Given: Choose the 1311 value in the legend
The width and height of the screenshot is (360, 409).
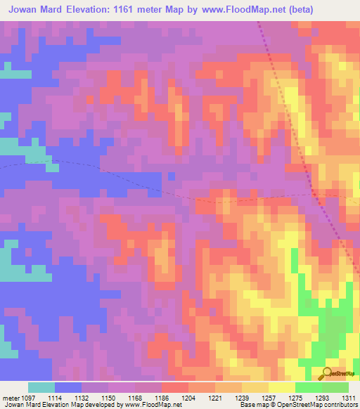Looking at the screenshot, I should (347, 397).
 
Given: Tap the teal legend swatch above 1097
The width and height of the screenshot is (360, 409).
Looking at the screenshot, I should (41, 387).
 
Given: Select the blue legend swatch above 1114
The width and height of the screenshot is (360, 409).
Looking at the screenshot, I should (68, 387).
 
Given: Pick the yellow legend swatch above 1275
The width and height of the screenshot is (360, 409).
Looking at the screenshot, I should (282, 387).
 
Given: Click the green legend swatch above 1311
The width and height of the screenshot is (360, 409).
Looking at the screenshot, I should (335, 387).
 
